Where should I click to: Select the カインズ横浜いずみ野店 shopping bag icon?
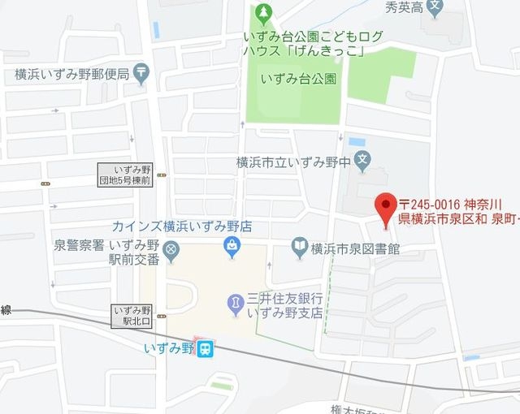click(x=232, y=244)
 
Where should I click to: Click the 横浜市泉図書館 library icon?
click(x=300, y=246)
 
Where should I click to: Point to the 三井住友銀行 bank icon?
click(x=235, y=304)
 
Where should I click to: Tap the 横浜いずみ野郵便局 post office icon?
click(x=142, y=74)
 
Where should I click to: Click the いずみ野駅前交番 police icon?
click(x=171, y=250)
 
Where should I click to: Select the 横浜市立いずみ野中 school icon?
click(x=362, y=162)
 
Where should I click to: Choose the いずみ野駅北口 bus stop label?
click(x=132, y=316)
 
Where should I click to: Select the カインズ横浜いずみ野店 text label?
click(x=180, y=226)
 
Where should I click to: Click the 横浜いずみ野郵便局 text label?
click(x=71, y=74)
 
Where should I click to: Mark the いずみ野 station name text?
click(x=169, y=348)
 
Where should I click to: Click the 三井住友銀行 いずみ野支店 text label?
click(x=286, y=305)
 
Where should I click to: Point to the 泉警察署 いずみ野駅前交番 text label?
click(x=106, y=251)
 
